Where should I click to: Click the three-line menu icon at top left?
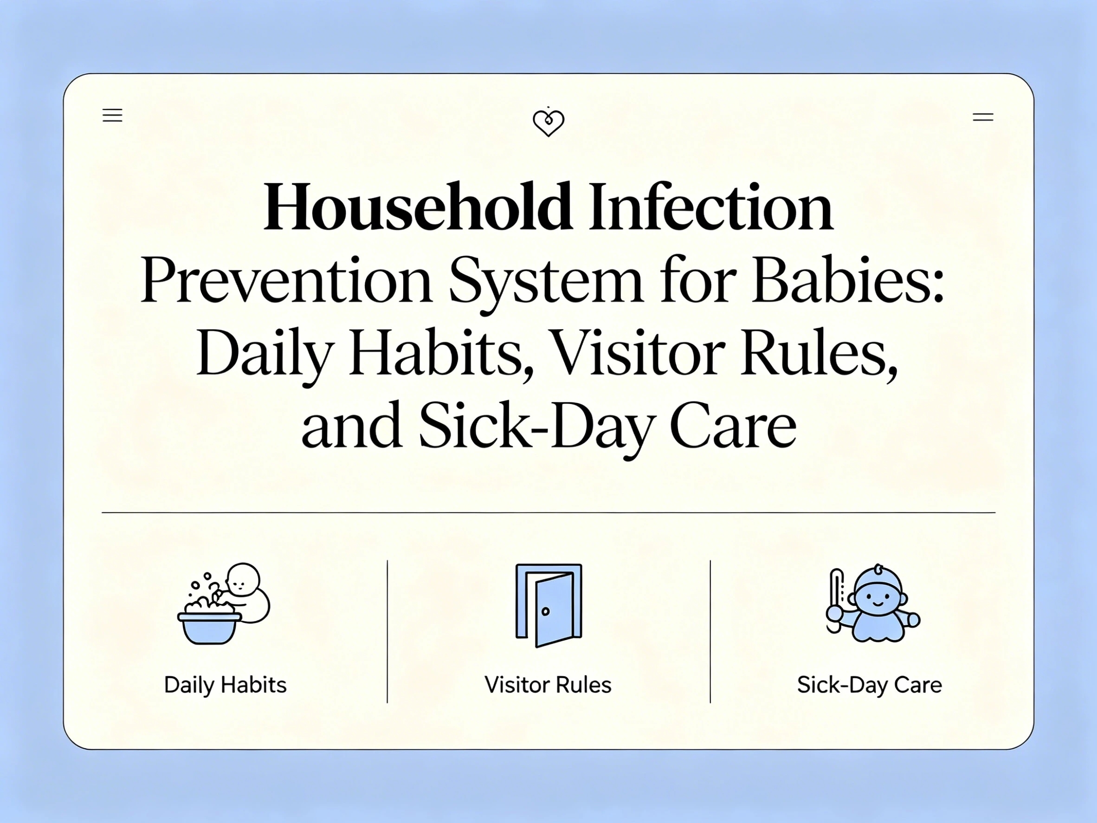[x=112, y=115]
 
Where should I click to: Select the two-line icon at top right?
[x=982, y=117]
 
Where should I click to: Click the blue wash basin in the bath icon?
[x=209, y=628]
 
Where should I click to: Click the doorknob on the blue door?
[x=546, y=611]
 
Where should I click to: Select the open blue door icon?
[x=548, y=605]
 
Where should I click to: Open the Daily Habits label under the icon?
[x=225, y=685]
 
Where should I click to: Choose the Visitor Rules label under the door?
[x=548, y=685]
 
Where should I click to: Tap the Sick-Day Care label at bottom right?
[x=869, y=685]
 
